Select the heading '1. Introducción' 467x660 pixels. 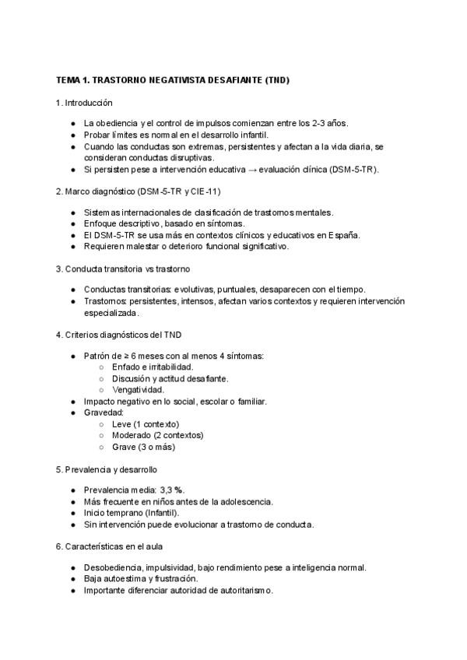[85, 102]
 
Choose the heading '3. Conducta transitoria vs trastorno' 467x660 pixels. [123, 269]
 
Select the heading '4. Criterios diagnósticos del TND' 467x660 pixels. [119, 335]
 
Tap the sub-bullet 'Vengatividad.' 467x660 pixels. [138, 390]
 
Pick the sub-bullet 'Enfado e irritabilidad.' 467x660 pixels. [153, 367]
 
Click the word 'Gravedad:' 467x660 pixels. [104, 412]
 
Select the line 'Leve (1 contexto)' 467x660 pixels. [146, 424]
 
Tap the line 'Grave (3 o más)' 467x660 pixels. [143, 447]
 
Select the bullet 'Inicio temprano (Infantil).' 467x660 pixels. [132, 513]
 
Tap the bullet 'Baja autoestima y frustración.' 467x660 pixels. [141, 579]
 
